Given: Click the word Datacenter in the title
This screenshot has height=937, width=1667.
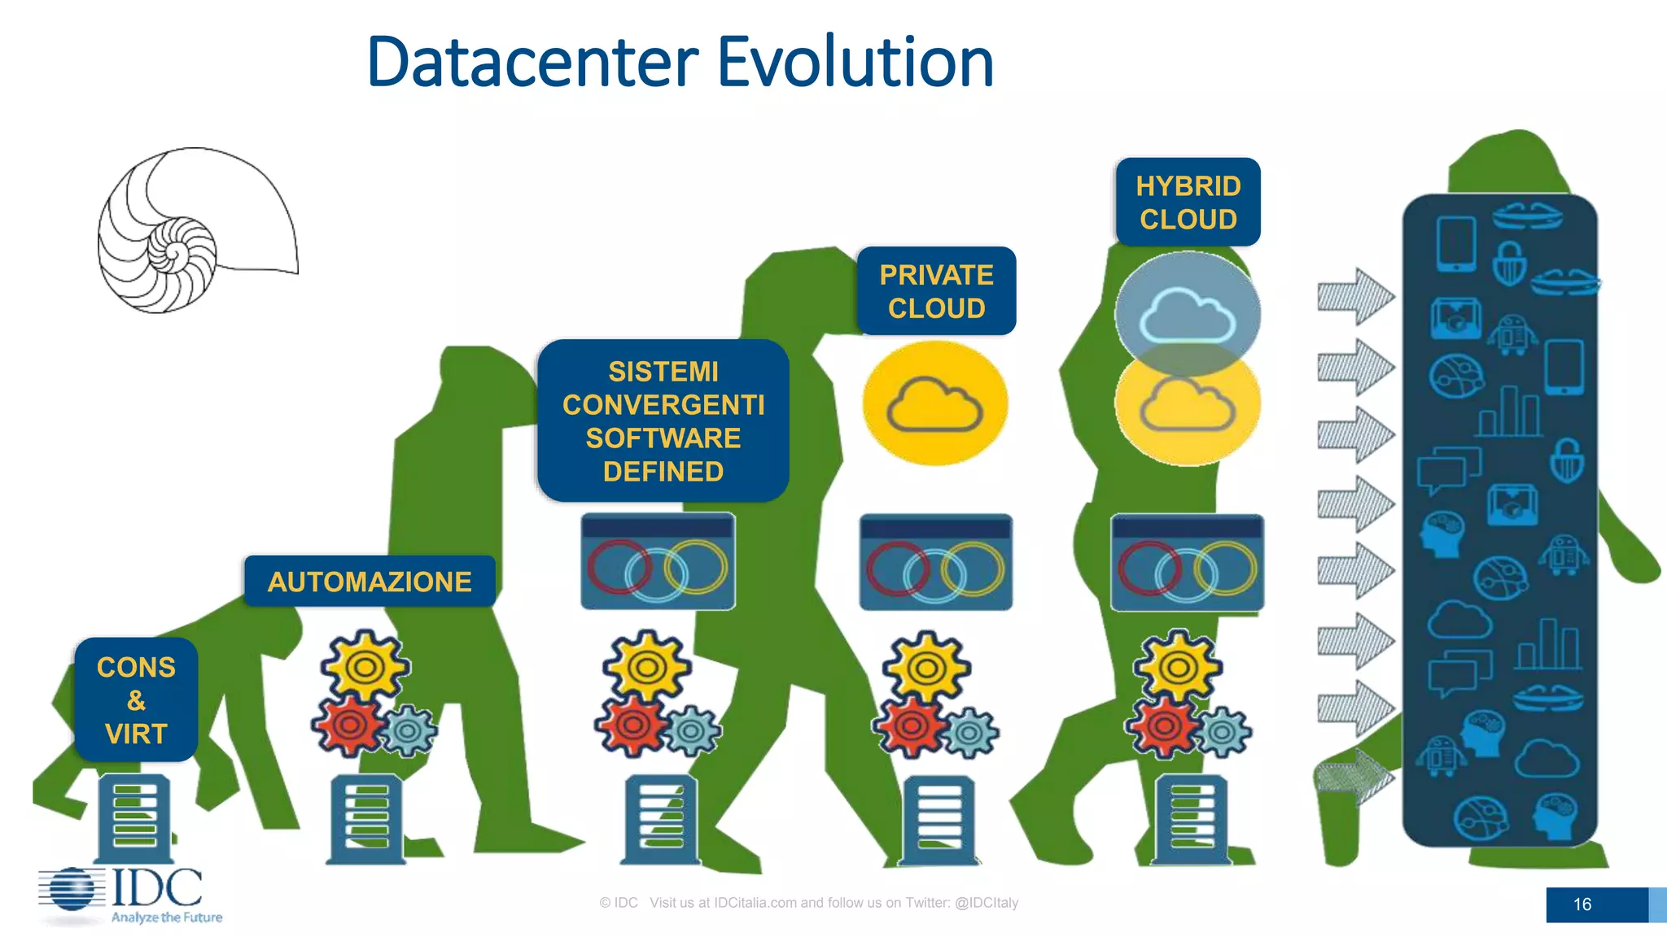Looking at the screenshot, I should click(x=533, y=63).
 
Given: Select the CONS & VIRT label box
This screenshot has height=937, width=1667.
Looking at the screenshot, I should click(x=136, y=700).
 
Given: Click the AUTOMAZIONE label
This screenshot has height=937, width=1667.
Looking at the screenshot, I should click(x=370, y=582).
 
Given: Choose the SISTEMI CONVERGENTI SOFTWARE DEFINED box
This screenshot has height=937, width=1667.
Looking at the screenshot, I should click(x=663, y=421).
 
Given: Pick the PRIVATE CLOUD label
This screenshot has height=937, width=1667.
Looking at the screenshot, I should click(x=936, y=291).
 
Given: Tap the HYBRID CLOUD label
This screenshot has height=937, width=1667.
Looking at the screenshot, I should click(x=1188, y=203).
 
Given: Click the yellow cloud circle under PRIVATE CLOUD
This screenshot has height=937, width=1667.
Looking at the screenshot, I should click(x=935, y=403).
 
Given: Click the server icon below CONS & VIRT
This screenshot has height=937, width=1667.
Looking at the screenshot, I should click(x=134, y=818).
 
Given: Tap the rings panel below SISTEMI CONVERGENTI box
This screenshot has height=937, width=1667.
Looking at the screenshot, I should click(x=658, y=562).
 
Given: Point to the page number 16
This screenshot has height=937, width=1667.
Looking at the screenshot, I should click(x=1582, y=904).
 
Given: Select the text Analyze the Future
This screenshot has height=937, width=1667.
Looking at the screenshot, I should click(x=167, y=917).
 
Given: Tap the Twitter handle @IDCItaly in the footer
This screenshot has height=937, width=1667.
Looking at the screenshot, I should click(x=986, y=903).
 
